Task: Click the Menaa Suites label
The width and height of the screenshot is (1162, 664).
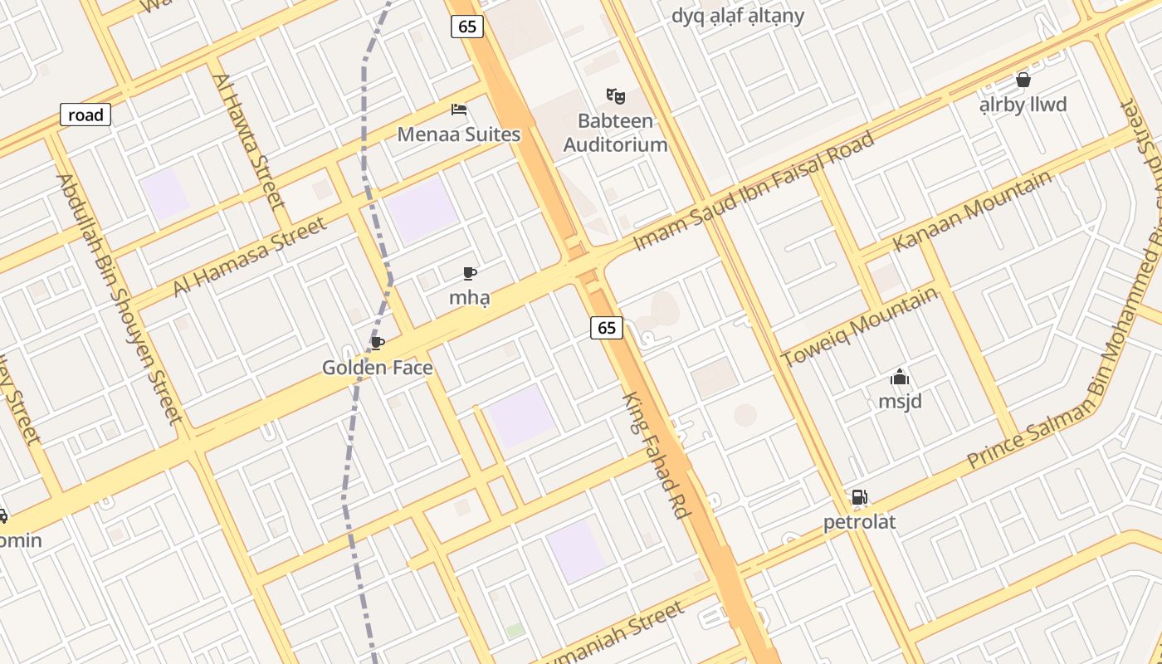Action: (x=458, y=134)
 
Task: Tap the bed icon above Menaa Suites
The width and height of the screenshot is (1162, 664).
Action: (x=459, y=109)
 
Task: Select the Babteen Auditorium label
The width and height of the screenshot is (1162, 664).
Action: (x=615, y=133)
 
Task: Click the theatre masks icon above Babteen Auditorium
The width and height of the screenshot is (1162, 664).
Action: (x=615, y=95)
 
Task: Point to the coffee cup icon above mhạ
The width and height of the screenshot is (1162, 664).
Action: (x=470, y=273)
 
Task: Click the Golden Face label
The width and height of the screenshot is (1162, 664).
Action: (x=378, y=367)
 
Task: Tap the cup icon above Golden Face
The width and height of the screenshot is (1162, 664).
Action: (x=378, y=343)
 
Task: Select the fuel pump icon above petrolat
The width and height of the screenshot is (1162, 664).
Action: (x=859, y=497)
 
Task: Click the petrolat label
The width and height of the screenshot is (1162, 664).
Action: (x=859, y=522)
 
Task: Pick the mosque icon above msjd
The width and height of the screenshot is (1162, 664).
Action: (x=900, y=378)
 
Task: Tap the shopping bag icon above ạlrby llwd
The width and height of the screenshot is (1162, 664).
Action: (x=1023, y=80)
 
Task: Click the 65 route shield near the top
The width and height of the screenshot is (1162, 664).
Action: (x=467, y=27)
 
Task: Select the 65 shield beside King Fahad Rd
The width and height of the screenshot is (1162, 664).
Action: (x=607, y=328)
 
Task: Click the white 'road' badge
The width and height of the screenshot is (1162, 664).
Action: (x=85, y=115)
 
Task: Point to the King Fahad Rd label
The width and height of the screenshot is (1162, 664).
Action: (x=657, y=456)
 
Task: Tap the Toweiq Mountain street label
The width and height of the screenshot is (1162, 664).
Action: (x=860, y=326)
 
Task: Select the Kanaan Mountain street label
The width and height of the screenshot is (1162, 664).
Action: (x=973, y=211)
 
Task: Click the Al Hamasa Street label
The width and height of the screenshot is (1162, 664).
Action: (x=250, y=256)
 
